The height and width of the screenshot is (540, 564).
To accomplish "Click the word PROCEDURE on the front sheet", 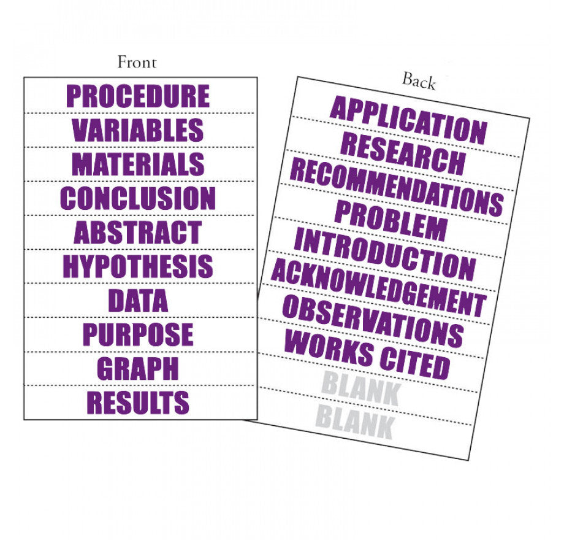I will coord(138,96).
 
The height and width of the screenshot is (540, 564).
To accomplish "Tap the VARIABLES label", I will coord(138,130).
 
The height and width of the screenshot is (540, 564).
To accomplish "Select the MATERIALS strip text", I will coord(139,164).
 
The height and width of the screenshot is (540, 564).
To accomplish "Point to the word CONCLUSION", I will coord(138,198).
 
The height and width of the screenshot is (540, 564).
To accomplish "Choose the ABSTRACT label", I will coord(138,233).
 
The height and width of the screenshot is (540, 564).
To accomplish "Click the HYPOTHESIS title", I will coord(138,266).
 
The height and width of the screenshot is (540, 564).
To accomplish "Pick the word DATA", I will coord(138,301).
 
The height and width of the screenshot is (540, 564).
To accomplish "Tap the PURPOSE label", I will coord(138,334).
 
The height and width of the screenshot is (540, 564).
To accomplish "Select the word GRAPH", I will coord(138,368).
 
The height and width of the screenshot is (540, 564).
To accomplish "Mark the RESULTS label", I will coord(138,403).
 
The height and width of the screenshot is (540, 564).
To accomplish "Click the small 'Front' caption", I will coord(137,62).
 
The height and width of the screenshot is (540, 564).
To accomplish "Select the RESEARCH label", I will coord(403,153).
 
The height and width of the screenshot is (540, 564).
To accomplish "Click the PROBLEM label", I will coord(391,220).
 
